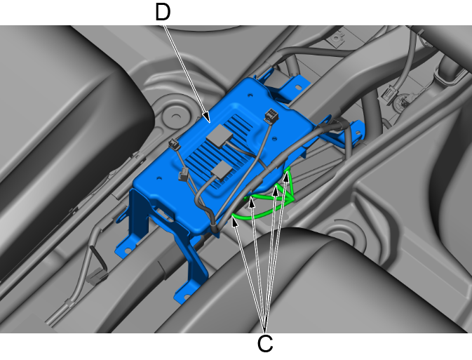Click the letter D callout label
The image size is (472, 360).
click(x=163, y=12)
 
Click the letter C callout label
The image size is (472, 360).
click(x=265, y=343)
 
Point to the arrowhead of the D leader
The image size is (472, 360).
click(x=206, y=119)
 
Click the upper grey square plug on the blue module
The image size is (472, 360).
click(x=220, y=136)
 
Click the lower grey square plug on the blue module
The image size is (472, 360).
click(x=222, y=171)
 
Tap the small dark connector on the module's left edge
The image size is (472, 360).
click(x=175, y=144)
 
